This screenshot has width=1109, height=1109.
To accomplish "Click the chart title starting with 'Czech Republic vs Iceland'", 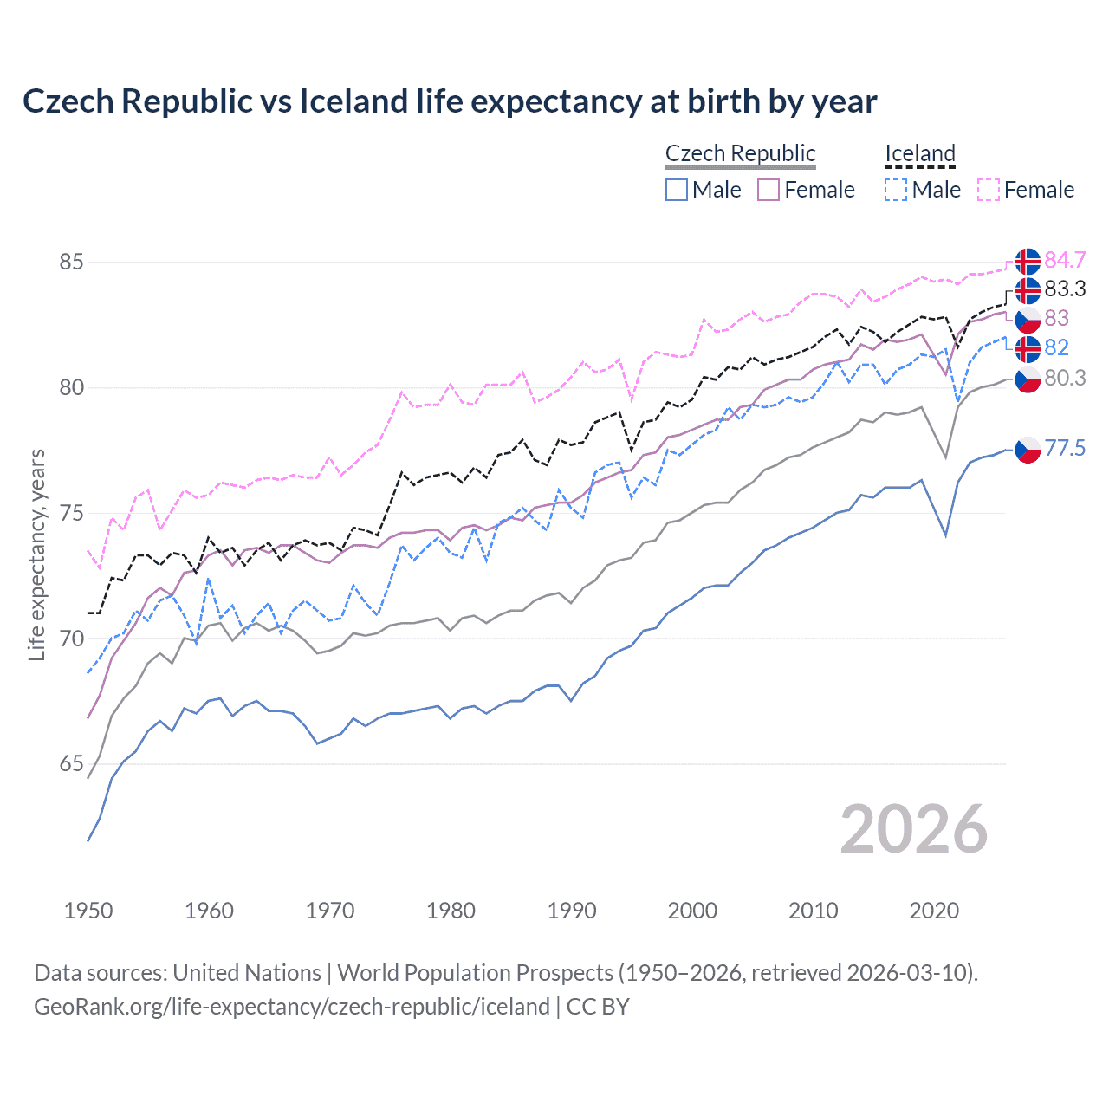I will tap(450, 101).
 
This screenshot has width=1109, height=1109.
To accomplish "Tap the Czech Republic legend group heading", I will tap(740, 153).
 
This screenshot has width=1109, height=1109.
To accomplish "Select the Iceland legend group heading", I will tap(919, 153).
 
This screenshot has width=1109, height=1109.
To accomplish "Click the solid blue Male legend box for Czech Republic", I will tap(677, 190).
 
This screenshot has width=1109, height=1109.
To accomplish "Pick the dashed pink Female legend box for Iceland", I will tap(989, 190).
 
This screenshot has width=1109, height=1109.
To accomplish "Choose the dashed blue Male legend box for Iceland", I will tap(896, 190).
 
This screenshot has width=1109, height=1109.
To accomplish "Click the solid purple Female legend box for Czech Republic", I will tap(769, 190).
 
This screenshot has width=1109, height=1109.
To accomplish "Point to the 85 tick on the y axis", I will tap(72, 262).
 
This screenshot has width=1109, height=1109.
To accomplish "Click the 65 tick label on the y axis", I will tap(72, 764).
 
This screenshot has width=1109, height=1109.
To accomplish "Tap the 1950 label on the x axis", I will tap(88, 911).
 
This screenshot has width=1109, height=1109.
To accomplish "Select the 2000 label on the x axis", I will tap(692, 911).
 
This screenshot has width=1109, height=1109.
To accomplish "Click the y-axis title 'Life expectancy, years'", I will tap(36, 554).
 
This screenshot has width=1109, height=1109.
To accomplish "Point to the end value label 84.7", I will tap(1065, 260).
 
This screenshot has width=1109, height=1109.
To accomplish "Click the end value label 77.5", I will tap(1065, 448).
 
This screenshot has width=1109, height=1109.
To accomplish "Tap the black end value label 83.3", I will tap(1065, 289).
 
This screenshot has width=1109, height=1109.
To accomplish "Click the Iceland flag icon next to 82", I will tap(1028, 348).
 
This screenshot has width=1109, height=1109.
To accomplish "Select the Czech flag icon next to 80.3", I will tap(1028, 379).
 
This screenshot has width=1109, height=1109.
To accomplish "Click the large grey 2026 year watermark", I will tap(914, 829).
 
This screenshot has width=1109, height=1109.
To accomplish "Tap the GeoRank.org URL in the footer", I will tap(292, 1007).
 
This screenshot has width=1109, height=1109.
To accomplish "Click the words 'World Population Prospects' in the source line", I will tap(475, 973).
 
